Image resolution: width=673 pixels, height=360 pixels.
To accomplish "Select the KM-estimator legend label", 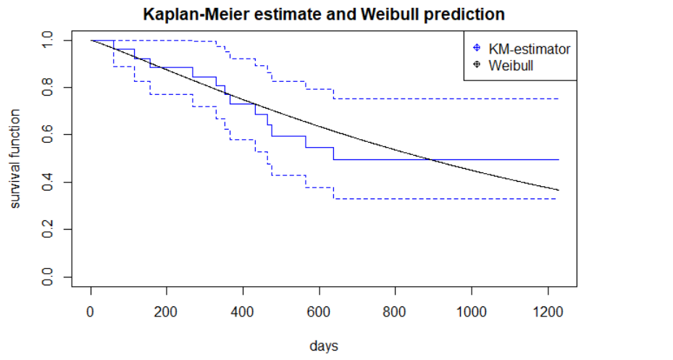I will tap(529, 49).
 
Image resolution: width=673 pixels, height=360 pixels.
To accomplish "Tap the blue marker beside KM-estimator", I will tap(476, 49).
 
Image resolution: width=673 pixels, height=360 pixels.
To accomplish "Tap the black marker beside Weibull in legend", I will tap(476, 66).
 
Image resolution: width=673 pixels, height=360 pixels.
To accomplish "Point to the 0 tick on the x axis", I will tap(91, 314).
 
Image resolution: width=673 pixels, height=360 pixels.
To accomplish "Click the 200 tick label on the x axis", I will tap(167, 314).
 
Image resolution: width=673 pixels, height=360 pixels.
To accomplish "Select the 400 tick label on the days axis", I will tap(243, 314).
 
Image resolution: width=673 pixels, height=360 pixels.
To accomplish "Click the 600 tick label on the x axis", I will tap(319, 314).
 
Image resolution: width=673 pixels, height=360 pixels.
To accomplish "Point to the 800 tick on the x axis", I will tap(395, 314).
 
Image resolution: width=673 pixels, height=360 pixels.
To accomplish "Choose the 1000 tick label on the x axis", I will tap(472, 314).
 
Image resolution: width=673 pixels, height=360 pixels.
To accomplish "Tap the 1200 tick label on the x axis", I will tap(548, 314).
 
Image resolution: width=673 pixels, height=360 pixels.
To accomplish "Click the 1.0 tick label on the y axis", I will tap(49, 41).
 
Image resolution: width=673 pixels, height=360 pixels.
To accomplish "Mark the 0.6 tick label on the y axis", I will tap(49, 135).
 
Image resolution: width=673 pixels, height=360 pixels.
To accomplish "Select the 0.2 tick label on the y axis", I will tap(49, 230).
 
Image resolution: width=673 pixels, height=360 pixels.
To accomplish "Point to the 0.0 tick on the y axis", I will tap(49, 277).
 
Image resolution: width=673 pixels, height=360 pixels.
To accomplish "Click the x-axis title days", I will tap(323, 346).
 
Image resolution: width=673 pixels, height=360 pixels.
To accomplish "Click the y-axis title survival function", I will tap(16, 159).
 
